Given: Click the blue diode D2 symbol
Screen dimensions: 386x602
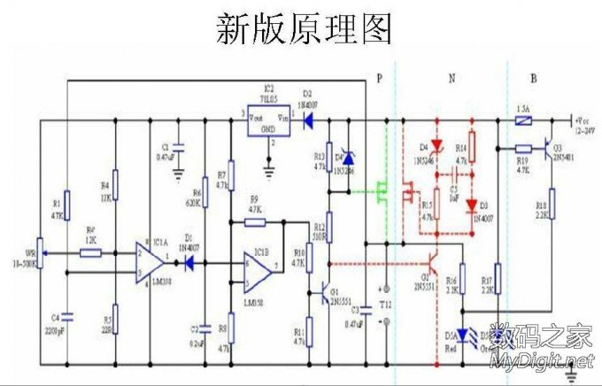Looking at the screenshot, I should [x=309, y=119].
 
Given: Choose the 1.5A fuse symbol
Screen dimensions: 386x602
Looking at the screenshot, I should [x=523, y=119].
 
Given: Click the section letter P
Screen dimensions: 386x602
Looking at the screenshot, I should [x=379, y=79].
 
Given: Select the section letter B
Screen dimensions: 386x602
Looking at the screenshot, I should [x=533, y=79].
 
